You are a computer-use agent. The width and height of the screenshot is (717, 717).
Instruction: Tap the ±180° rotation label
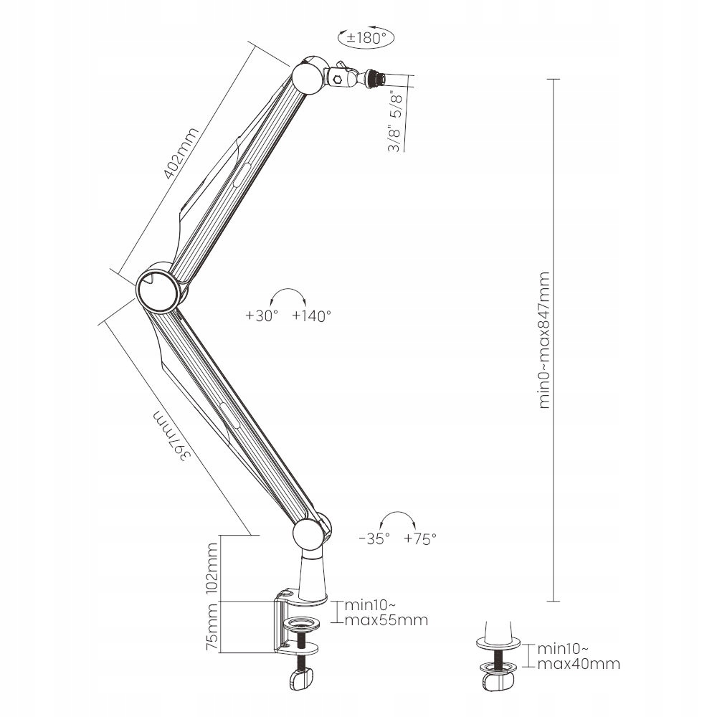click(366, 38)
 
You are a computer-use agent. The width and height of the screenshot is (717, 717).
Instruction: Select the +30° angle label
click(261, 315)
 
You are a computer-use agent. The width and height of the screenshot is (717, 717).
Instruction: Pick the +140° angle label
click(312, 315)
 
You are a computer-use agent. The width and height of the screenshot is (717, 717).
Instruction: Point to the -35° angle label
click(374, 538)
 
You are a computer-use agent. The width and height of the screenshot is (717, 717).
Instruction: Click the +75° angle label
click(420, 538)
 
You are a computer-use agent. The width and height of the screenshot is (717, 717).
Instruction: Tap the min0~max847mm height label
click(544, 340)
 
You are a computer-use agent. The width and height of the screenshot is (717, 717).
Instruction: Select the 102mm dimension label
click(211, 567)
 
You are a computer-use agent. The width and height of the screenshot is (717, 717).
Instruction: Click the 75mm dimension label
click(211, 627)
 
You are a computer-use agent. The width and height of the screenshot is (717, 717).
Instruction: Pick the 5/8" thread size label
click(394, 102)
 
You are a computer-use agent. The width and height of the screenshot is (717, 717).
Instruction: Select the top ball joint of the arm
click(309, 77)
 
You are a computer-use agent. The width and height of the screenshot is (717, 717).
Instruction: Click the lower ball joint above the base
click(308, 534)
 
